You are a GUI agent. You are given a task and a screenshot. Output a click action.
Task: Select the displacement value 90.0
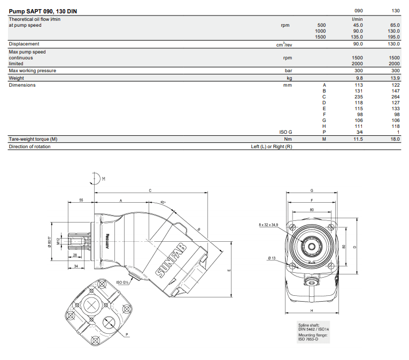click(x=358, y=44)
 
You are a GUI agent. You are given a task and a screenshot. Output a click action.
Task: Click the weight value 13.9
click(x=395, y=78)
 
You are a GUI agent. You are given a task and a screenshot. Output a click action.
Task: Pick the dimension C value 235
click(x=359, y=97)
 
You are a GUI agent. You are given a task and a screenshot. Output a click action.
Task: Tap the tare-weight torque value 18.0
click(x=395, y=139)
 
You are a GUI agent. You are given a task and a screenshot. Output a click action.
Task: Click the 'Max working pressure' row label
click(x=33, y=71)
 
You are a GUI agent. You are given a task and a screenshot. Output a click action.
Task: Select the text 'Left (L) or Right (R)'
click(x=272, y=147)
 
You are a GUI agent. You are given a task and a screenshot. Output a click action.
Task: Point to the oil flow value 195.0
click(x=394, y=37)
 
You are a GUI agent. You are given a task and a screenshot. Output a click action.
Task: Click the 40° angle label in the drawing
click(x=163, y=202)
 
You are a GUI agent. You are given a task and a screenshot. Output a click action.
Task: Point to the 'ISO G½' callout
click(x=122, y=282)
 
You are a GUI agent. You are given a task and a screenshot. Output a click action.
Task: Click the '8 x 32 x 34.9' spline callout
click(x=268, y=225)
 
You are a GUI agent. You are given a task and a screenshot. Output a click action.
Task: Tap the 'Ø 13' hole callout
click(x=272, y=258)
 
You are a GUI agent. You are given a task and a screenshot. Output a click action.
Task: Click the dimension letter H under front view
click(x=311, y=311)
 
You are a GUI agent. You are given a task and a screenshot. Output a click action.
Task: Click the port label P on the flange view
click(x=127, y=334)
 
